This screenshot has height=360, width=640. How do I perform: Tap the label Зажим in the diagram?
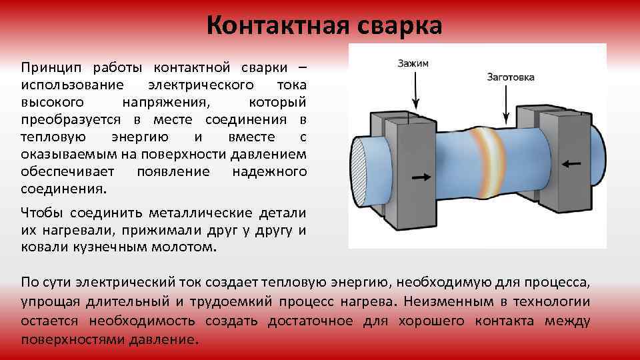coord(413,63)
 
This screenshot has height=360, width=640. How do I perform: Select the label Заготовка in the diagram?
coord(511,77)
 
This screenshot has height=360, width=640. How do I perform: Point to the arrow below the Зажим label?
coord(416,90)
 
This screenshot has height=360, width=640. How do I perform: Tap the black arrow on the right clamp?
coord(569,162)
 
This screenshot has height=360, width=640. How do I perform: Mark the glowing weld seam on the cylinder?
coord(491,160)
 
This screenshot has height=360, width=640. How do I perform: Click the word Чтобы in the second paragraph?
coord(42,213)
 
